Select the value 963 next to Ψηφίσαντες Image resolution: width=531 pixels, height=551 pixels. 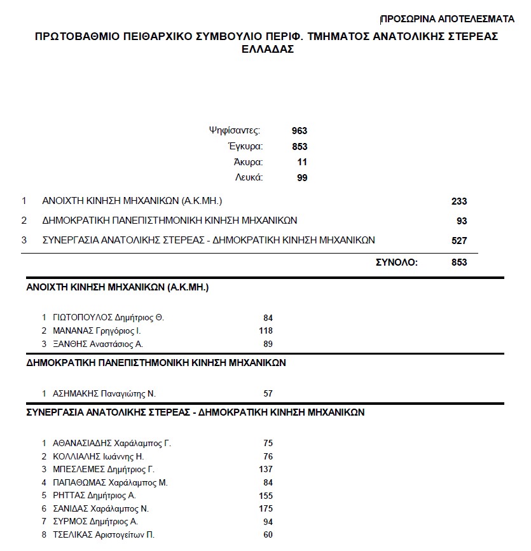click(300, 131)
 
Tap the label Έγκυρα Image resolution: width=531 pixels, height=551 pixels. click(245, 147)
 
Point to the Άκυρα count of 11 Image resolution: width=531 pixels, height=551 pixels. click(302, 162)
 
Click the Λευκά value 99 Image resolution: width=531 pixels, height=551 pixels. click(302, 178)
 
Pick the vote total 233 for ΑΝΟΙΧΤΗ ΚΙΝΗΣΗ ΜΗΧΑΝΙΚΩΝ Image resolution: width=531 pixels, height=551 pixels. click(459, 201)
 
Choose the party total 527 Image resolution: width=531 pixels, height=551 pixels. click(459, 240)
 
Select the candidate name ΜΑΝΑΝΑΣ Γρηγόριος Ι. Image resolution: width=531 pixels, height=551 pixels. click(97, 330)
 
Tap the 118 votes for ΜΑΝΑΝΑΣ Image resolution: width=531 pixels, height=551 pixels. click(266, 330)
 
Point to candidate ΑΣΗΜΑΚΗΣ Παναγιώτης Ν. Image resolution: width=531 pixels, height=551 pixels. click(104, 393)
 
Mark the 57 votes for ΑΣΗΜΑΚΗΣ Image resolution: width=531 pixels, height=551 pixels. click(268, 393)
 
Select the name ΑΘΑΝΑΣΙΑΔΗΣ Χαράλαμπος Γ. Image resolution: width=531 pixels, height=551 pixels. click(112, 443)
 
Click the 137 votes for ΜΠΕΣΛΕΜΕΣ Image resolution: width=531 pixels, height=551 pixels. click(266, 469)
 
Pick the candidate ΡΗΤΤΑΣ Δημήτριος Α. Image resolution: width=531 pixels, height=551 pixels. click(95, 495)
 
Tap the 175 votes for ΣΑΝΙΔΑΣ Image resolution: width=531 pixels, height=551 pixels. click(266, 508)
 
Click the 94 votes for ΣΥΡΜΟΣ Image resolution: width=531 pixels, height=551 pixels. click(268, 522)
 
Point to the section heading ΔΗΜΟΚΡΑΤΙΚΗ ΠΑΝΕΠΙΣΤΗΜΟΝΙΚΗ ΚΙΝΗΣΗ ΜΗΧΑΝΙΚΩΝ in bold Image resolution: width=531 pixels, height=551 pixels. click(156, 363)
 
